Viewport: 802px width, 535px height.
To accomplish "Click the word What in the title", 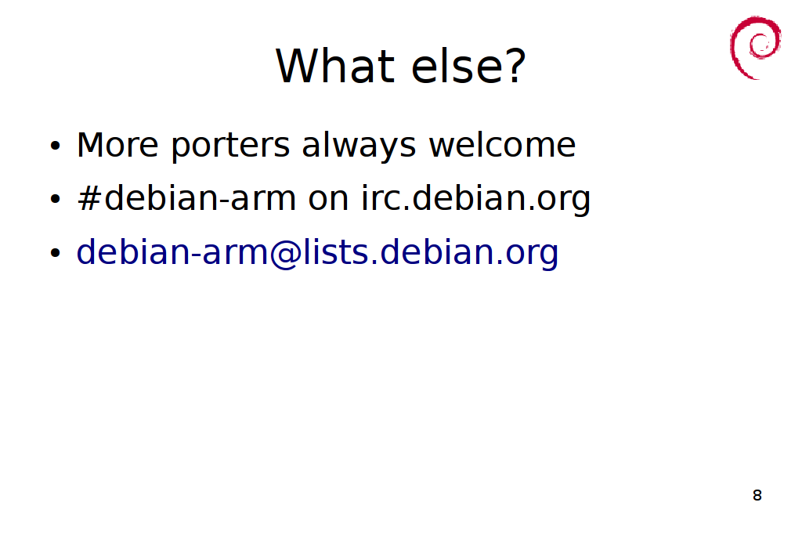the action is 335,66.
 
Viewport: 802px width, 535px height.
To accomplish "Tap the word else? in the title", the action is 468,66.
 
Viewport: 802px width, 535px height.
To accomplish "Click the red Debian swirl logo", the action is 755,48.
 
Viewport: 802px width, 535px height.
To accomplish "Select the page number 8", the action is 757,495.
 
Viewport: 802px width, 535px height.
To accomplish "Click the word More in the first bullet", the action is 117,145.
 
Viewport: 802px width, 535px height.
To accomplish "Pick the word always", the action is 359,147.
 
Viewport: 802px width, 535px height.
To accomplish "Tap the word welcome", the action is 502,145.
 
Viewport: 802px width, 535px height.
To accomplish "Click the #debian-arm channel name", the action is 186,198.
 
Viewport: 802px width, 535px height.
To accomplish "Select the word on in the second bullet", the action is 328,201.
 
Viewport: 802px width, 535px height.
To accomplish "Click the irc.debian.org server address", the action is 475,201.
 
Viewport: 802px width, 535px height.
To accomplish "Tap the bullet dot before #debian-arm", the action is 56,199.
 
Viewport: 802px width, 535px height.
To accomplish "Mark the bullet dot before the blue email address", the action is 56,253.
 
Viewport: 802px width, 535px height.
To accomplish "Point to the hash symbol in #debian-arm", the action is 89,198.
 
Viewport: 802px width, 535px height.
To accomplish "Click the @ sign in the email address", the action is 285,255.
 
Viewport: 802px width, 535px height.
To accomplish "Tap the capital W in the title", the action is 298,66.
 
